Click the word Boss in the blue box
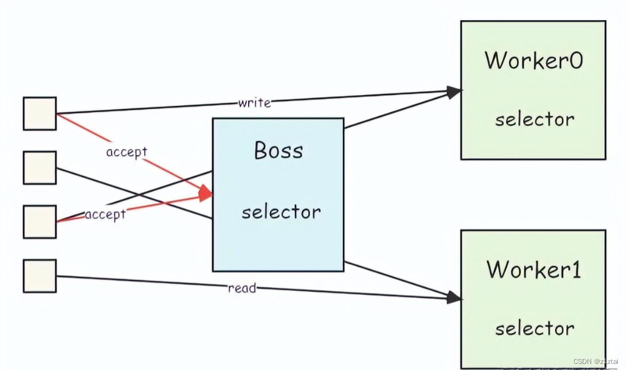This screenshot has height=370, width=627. [278, 150]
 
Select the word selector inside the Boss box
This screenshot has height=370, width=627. [281, 212]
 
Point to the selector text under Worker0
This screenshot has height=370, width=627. [534, 119]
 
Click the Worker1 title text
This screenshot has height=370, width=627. [533, 269]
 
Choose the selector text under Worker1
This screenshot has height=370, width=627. [534, 329]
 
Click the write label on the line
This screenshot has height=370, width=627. [254, 103]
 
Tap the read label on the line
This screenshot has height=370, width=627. [241, 288]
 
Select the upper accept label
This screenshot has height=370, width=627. [126, 152]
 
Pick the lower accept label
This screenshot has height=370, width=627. [105, 214]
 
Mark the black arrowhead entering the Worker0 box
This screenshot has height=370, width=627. [454, 92]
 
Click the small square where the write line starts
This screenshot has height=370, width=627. [40, 113]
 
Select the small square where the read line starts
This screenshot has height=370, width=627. [40, 276]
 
